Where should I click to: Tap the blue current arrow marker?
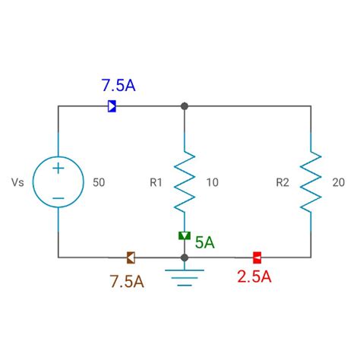(112, 106)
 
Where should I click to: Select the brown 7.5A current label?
(126, 281)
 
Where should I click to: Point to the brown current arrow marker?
(131, 257)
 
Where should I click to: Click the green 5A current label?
(204, 242)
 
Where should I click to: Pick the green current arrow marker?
(184, 236)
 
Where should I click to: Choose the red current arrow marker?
(257, 257)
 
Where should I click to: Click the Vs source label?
(18, 182)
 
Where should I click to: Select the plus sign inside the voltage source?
(58, 169)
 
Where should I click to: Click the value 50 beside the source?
(99, 182)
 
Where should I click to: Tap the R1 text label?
(156, 182)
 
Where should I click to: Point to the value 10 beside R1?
(212, 182)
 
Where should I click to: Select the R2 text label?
(283, 182)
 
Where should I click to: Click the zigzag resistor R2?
(311, 182)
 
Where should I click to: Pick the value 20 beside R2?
(339, 182)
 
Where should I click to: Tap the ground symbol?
(184, 276)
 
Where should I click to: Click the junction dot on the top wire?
(185, 106)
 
